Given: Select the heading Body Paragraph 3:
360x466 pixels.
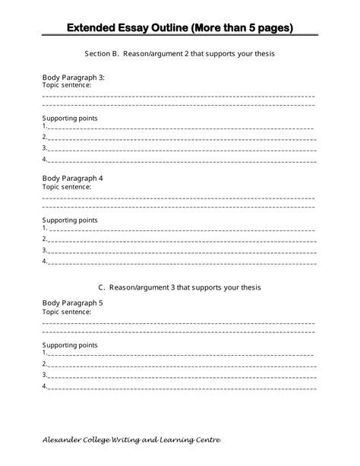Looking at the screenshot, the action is point(73,78).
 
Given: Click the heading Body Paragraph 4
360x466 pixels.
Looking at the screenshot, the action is point(72,178).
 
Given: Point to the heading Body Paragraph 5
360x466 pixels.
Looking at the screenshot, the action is point(72,303).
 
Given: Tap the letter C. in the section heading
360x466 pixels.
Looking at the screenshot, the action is point(102,287).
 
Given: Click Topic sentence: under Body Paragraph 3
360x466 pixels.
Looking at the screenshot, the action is point(67,86).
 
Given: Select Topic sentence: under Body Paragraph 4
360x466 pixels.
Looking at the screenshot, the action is point(67,186).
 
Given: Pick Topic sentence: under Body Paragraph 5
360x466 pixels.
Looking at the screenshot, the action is point(67,311).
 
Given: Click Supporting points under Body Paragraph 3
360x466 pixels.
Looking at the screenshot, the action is point(70,119).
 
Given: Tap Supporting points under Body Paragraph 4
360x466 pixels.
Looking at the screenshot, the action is point(70,220).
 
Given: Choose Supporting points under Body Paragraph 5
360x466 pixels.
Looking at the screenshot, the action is point(70,344).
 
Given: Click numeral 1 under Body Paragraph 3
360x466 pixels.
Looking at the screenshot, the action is point(44,128).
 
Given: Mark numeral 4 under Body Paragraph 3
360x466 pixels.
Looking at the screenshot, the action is point(44,160).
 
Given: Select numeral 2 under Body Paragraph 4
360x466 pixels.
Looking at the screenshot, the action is point(44,239).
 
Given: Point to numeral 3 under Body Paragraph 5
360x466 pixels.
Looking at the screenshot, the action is point(44,374).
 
